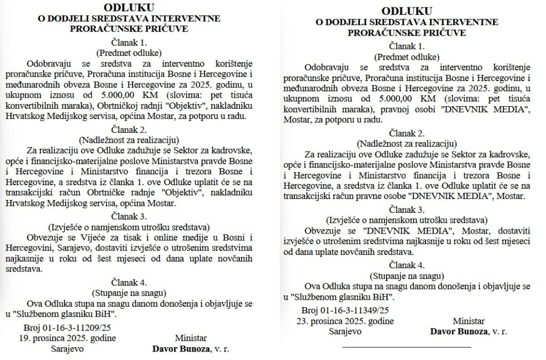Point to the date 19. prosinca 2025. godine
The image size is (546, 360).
tap(67, 338)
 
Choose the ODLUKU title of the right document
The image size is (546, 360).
tap(407, 11)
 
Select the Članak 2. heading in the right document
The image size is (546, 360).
tap(407, 133)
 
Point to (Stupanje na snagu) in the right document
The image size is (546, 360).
tap(407, 275)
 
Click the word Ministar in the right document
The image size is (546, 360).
tap(469, 321)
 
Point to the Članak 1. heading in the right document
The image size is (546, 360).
tap(407, 46)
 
